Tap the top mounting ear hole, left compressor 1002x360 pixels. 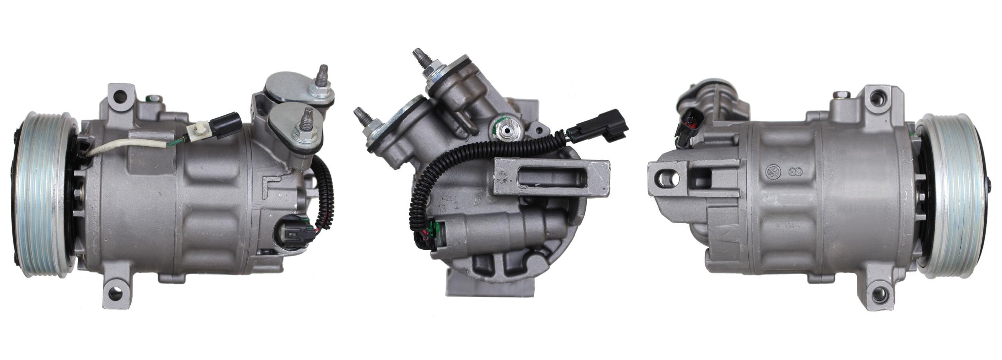(x=119, y=96)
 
